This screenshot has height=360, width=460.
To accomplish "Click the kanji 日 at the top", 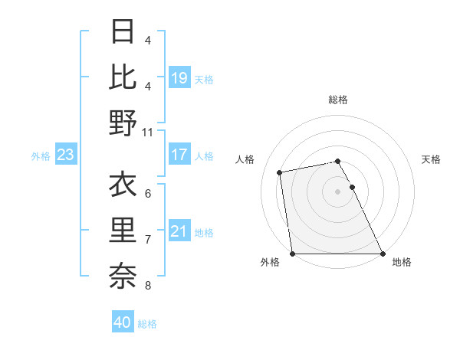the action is tap(123, 31).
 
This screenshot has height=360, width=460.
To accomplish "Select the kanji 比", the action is tap(123, 77).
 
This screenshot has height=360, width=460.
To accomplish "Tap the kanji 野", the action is tap(123, 123).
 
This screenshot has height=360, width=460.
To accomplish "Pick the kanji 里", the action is tap(123, 231).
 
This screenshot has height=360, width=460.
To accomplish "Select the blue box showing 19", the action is tap(179, 78).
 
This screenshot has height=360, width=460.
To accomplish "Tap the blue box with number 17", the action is tap(179, 155).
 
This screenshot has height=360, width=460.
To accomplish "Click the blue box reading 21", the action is tap(179, 231).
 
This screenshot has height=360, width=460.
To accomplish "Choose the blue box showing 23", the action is tap(65, 155).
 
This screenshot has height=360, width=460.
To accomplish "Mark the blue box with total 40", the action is tap(123, 322).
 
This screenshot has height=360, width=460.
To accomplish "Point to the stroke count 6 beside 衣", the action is tap(147, 193).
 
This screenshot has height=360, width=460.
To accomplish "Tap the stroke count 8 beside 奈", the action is tap(147, 286).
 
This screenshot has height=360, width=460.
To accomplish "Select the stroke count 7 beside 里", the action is tap(147, 240).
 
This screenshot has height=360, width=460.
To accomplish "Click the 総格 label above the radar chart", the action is tap(338, 100).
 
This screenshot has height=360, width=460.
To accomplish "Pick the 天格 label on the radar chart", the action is tap(431, 159).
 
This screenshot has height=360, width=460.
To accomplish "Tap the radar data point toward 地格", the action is tap(382, 253).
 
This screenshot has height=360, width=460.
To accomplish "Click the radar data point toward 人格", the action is tap(281, 172).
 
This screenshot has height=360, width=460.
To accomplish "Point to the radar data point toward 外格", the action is tap(292, 253).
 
